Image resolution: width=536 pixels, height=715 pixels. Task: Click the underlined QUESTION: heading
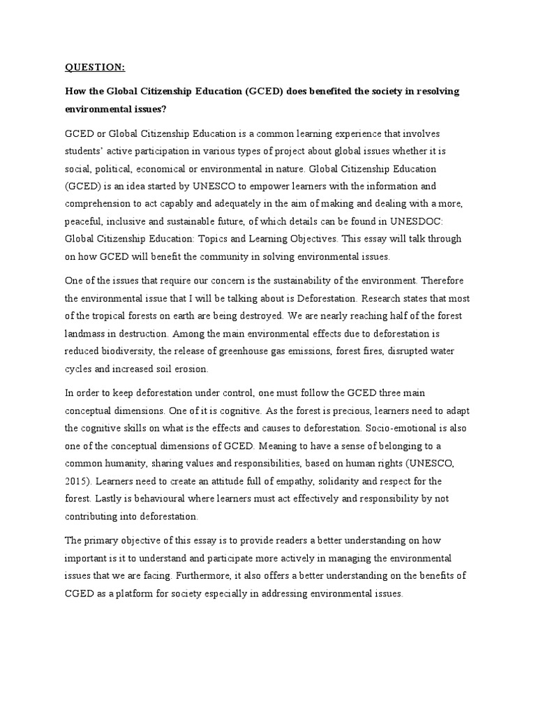pos(95,67)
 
